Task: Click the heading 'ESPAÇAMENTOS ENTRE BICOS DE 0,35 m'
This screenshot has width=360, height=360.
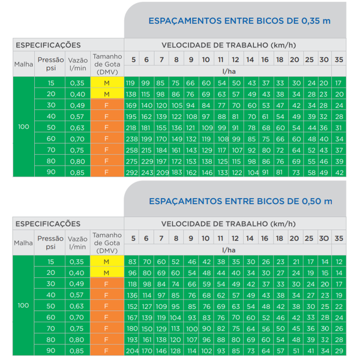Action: (239, 20)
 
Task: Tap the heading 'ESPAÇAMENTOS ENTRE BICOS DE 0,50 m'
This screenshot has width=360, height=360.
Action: (239, 200)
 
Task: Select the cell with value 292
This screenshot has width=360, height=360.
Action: (131, 173)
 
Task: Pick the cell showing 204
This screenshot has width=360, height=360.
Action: (131, 350)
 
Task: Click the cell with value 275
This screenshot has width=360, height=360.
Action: (131, 161)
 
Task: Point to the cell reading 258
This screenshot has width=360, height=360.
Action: (131, 150)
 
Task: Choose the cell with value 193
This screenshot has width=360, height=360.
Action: (131, 339)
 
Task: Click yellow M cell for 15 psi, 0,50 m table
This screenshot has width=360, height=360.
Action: (107, 262)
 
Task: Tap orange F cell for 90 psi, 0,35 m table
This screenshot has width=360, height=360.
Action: (107, 173)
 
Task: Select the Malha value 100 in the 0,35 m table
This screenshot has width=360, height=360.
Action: (23, 127)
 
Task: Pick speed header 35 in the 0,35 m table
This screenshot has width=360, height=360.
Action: (339, 59)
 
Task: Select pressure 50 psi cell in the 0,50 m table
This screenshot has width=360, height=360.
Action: (50, 306)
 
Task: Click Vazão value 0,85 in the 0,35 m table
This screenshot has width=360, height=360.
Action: (77, 173)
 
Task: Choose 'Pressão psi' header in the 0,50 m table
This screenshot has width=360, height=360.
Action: (50, 242)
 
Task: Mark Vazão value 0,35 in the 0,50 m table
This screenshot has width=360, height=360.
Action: (77, 262)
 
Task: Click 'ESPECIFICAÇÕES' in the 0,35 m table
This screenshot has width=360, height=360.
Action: (47, 45)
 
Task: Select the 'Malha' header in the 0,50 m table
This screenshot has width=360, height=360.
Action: (23, 242)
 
